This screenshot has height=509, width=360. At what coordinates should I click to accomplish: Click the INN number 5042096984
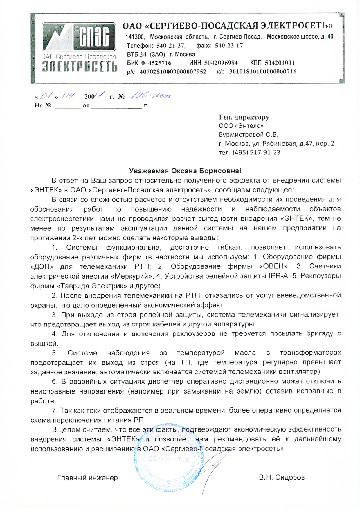pyautogui.click(x=221, y=63)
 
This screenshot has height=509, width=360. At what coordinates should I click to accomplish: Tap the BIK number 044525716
pyautogui.click(x=156, y=63)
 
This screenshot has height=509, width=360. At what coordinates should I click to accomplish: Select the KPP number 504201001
pyautogui.click(x=280, y=63)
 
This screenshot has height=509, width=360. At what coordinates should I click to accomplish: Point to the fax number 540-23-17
pyautogui.click(x=229, y=46)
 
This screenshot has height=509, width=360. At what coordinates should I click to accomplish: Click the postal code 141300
pyautogui.click(x=135, y=37)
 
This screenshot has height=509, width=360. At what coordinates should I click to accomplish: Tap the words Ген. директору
pyautogui.click(x=244, y=117)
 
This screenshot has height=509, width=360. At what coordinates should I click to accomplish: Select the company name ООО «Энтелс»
pyautogui.click(x=241, y=126)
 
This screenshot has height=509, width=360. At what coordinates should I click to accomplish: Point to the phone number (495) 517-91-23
pyautogui.click(x=256, y=152)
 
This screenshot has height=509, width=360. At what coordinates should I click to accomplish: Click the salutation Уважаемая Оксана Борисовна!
pyautogui.click(x=185, y=171)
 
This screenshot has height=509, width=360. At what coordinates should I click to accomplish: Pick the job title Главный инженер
pyautogui.click(x=87, y=478)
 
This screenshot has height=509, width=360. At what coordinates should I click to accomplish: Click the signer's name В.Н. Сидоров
pyautogui.click(x=282, y=477)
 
